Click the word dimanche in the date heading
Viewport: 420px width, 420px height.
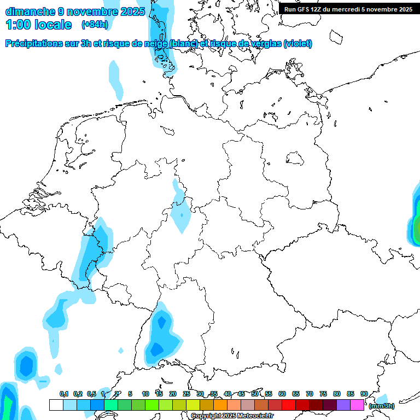coord(30,11)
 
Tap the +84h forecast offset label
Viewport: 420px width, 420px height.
coord(94,25)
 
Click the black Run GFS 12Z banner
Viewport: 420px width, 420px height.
coord(348,9)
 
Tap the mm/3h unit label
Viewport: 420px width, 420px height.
coord(381,406)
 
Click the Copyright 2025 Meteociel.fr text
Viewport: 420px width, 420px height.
coord(232,416)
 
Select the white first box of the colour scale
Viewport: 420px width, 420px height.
coord(56,405)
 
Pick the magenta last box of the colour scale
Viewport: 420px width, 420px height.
coord(357,405)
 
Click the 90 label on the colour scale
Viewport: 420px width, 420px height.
coord(364,394)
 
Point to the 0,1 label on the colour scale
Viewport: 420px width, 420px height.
coord(63,394)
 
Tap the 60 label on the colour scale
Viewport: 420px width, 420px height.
coord(282,394)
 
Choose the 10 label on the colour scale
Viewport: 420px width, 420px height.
coord(145,394)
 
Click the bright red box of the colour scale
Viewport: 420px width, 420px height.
coord(289,405)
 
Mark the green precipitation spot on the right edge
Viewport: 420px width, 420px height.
coord(416,229)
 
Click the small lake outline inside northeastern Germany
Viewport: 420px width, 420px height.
coord(295,158)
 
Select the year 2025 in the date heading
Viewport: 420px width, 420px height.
coord(133,11)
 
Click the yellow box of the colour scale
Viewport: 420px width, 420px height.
coord(193,405)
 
